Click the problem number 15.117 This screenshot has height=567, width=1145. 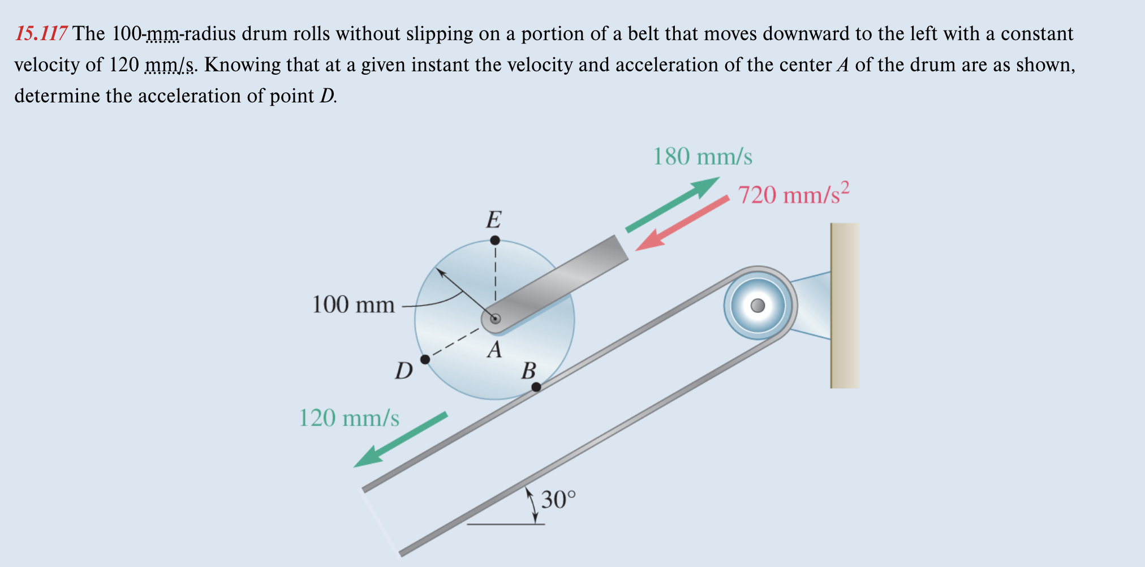[41, 34]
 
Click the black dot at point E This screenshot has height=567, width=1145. [495, 240]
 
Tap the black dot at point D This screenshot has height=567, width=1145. [425, 359]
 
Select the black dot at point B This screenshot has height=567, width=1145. [536, 387]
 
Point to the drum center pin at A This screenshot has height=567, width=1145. [495, 319]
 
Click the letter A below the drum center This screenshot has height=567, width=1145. [494, 350]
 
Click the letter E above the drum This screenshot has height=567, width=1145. [494, 219]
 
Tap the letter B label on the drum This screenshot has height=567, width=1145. [528, 371]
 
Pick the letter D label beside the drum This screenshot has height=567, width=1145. [403, 371]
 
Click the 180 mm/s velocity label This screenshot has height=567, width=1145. [703, 157]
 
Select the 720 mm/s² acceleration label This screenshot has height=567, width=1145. [793, 194]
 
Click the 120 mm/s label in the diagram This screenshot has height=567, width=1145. [348, 418]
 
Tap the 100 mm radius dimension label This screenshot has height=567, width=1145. [353, 304]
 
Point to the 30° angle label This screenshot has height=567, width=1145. [558, 500]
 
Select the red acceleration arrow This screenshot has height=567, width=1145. [682, 223]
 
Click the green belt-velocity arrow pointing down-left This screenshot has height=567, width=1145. [401, 440]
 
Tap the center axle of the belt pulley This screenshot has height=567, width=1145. [757, 306]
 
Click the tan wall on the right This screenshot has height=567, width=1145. [845, 306]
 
